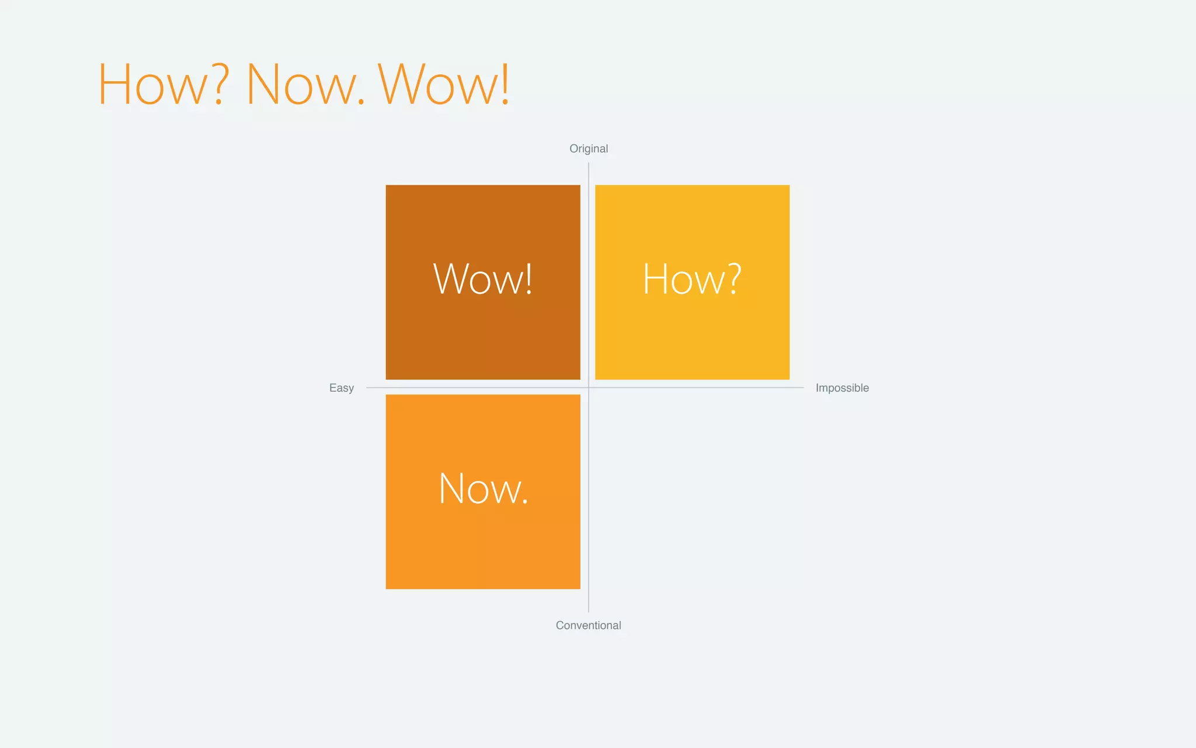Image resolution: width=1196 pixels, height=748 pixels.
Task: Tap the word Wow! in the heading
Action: [444, 85]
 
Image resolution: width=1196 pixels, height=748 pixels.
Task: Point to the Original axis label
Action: [589, 148]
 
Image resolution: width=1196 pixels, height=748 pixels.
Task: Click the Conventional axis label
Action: [588, 625]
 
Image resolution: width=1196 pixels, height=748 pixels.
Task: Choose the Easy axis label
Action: [342, 388]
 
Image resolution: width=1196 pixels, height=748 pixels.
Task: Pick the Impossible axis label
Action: [842, 388]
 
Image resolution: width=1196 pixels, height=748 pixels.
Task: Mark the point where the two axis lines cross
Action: [589, 387]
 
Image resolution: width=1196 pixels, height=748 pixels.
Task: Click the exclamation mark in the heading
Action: [505, 85]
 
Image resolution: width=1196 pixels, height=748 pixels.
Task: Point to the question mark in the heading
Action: [218, 85]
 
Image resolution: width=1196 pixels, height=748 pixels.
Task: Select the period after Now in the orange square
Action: [525, 501]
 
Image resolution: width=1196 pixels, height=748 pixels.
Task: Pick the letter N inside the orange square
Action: [450, 489]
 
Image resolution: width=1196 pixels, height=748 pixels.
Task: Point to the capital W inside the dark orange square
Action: [451, 279]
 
